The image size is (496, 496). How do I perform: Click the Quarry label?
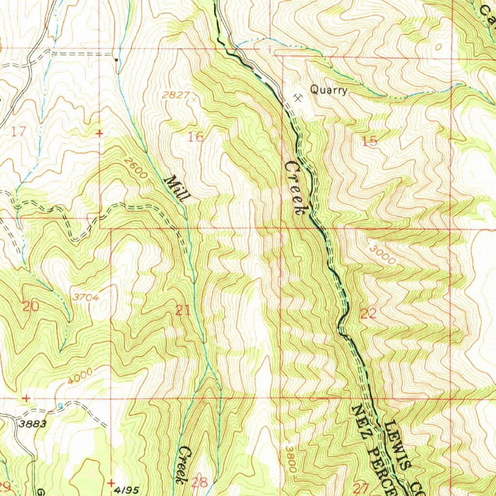[328, 90]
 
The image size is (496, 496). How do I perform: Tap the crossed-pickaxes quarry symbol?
[297, 98]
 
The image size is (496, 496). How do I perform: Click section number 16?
[196, 138]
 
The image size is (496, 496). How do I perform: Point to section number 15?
[369, 141]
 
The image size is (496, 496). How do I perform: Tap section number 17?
[18, 131]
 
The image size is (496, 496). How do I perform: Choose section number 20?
[31, 306]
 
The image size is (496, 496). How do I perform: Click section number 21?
[183, 310]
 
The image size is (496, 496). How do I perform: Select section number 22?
[369, 313]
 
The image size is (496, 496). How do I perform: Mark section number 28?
[200, 482]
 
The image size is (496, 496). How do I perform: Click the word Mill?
[177, 189]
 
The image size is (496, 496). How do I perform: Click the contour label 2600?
[136, 168]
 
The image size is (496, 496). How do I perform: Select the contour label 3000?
[382, 254]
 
